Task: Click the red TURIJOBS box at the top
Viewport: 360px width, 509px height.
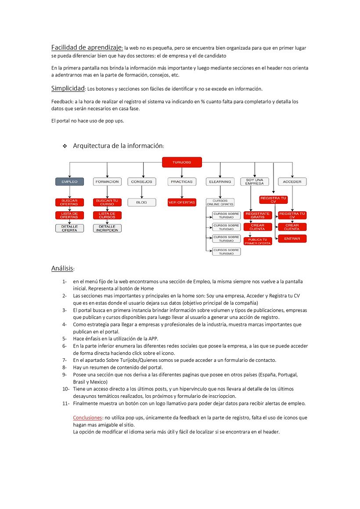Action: click(182, 162)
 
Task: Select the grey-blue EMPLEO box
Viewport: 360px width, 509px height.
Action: click(69, 181)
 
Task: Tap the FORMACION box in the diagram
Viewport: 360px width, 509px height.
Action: click(107, 181)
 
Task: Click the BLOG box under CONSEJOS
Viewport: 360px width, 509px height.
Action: click(141, 202)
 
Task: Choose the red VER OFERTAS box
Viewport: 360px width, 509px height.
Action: click(182, 202)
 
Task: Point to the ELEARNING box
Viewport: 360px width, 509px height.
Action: click(220, 181)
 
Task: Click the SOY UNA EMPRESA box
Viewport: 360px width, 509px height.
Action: click(255, 181)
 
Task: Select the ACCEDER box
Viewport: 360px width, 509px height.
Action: click(292, 181)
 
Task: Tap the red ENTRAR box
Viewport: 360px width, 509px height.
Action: click(292, 238)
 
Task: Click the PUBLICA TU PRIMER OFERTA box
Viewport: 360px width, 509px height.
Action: click(258, 241)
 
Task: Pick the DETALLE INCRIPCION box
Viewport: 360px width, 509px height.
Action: click(107, 228)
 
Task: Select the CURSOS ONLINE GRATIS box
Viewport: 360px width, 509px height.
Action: click(220, 202)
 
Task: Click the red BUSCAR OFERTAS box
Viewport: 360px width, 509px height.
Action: click(69, 202)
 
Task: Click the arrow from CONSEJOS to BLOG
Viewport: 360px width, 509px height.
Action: click(141, 192)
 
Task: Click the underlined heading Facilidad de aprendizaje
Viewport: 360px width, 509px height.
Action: click(86, 47)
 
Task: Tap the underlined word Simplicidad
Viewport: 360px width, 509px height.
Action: click(68, 88)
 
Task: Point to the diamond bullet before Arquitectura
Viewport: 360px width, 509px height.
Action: click(65, 146)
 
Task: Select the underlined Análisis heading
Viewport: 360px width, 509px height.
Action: click(62, 268)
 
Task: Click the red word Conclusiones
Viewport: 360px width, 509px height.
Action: click(87, 418)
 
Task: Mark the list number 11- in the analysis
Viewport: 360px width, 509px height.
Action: click(66, 403)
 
